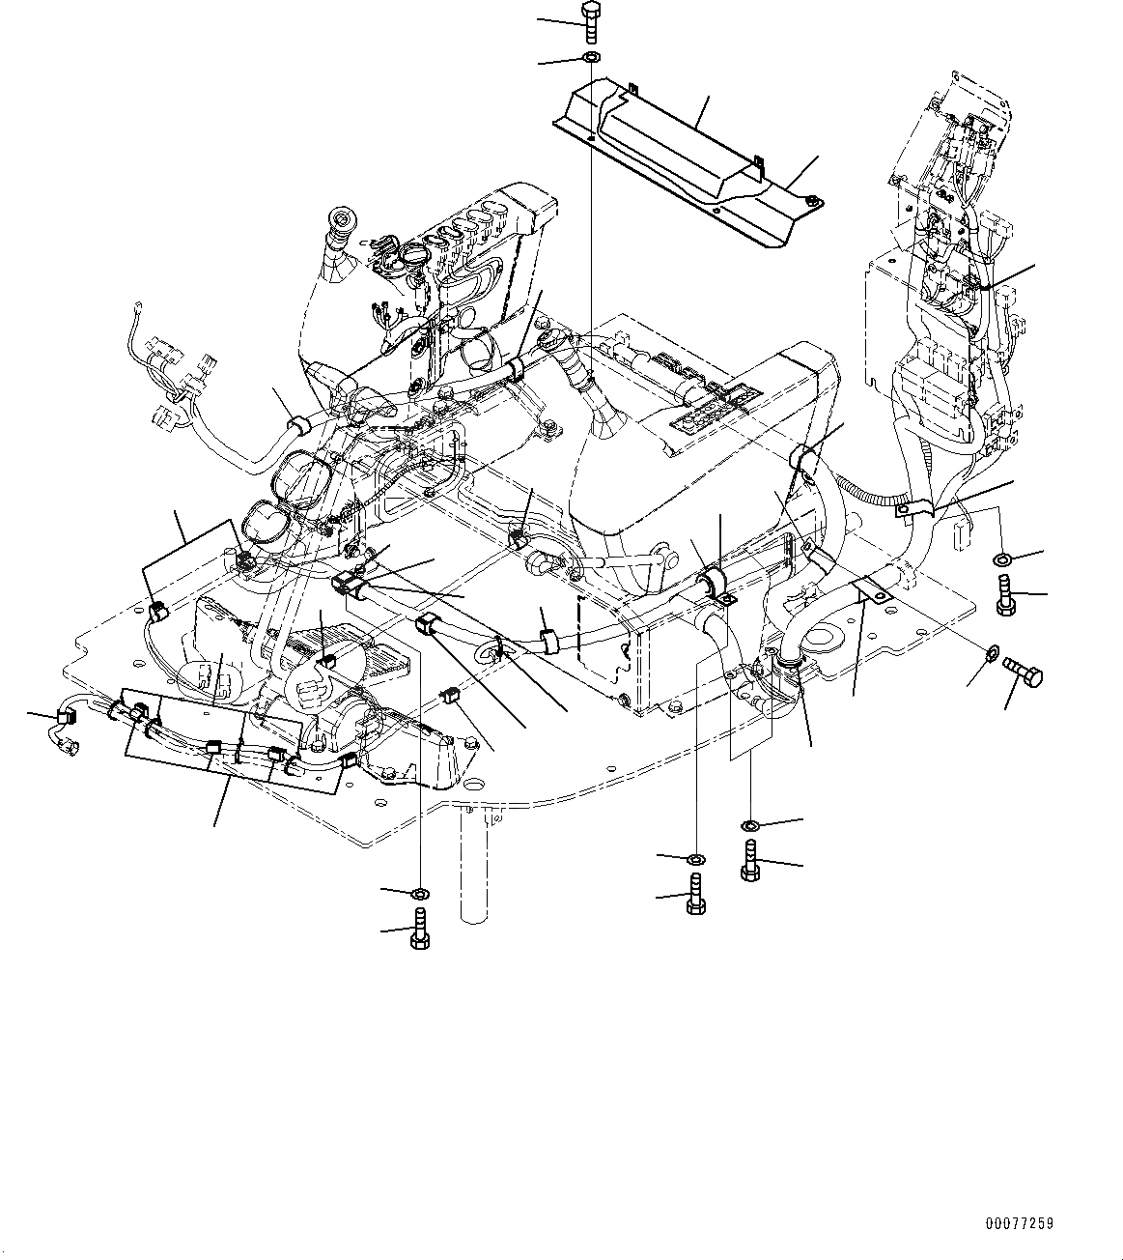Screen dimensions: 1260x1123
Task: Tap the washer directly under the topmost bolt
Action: (x=590, y=59)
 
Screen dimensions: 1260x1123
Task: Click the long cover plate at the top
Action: (x=676, y=155)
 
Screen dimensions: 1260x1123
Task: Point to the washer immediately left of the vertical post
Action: (x=421, y=890)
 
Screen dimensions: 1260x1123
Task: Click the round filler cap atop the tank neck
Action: (x=340, y=215)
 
